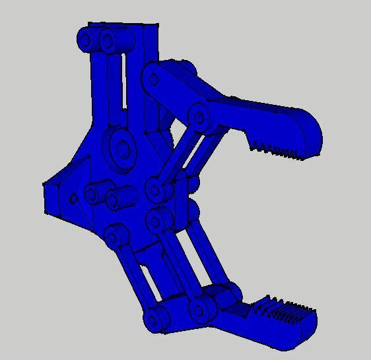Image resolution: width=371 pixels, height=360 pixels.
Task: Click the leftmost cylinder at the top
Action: click(86, 40)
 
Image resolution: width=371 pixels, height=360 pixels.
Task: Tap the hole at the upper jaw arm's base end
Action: click(154, 80)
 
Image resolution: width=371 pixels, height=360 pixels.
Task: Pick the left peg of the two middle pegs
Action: click(92, 194)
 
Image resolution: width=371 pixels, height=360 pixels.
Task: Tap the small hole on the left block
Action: click(73, 198)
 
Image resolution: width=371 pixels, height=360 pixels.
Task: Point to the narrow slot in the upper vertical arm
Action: click(123, 86)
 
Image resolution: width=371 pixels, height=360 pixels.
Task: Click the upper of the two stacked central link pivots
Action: click(156, 191)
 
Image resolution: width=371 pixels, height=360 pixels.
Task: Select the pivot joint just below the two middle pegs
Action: click(116, 236)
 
